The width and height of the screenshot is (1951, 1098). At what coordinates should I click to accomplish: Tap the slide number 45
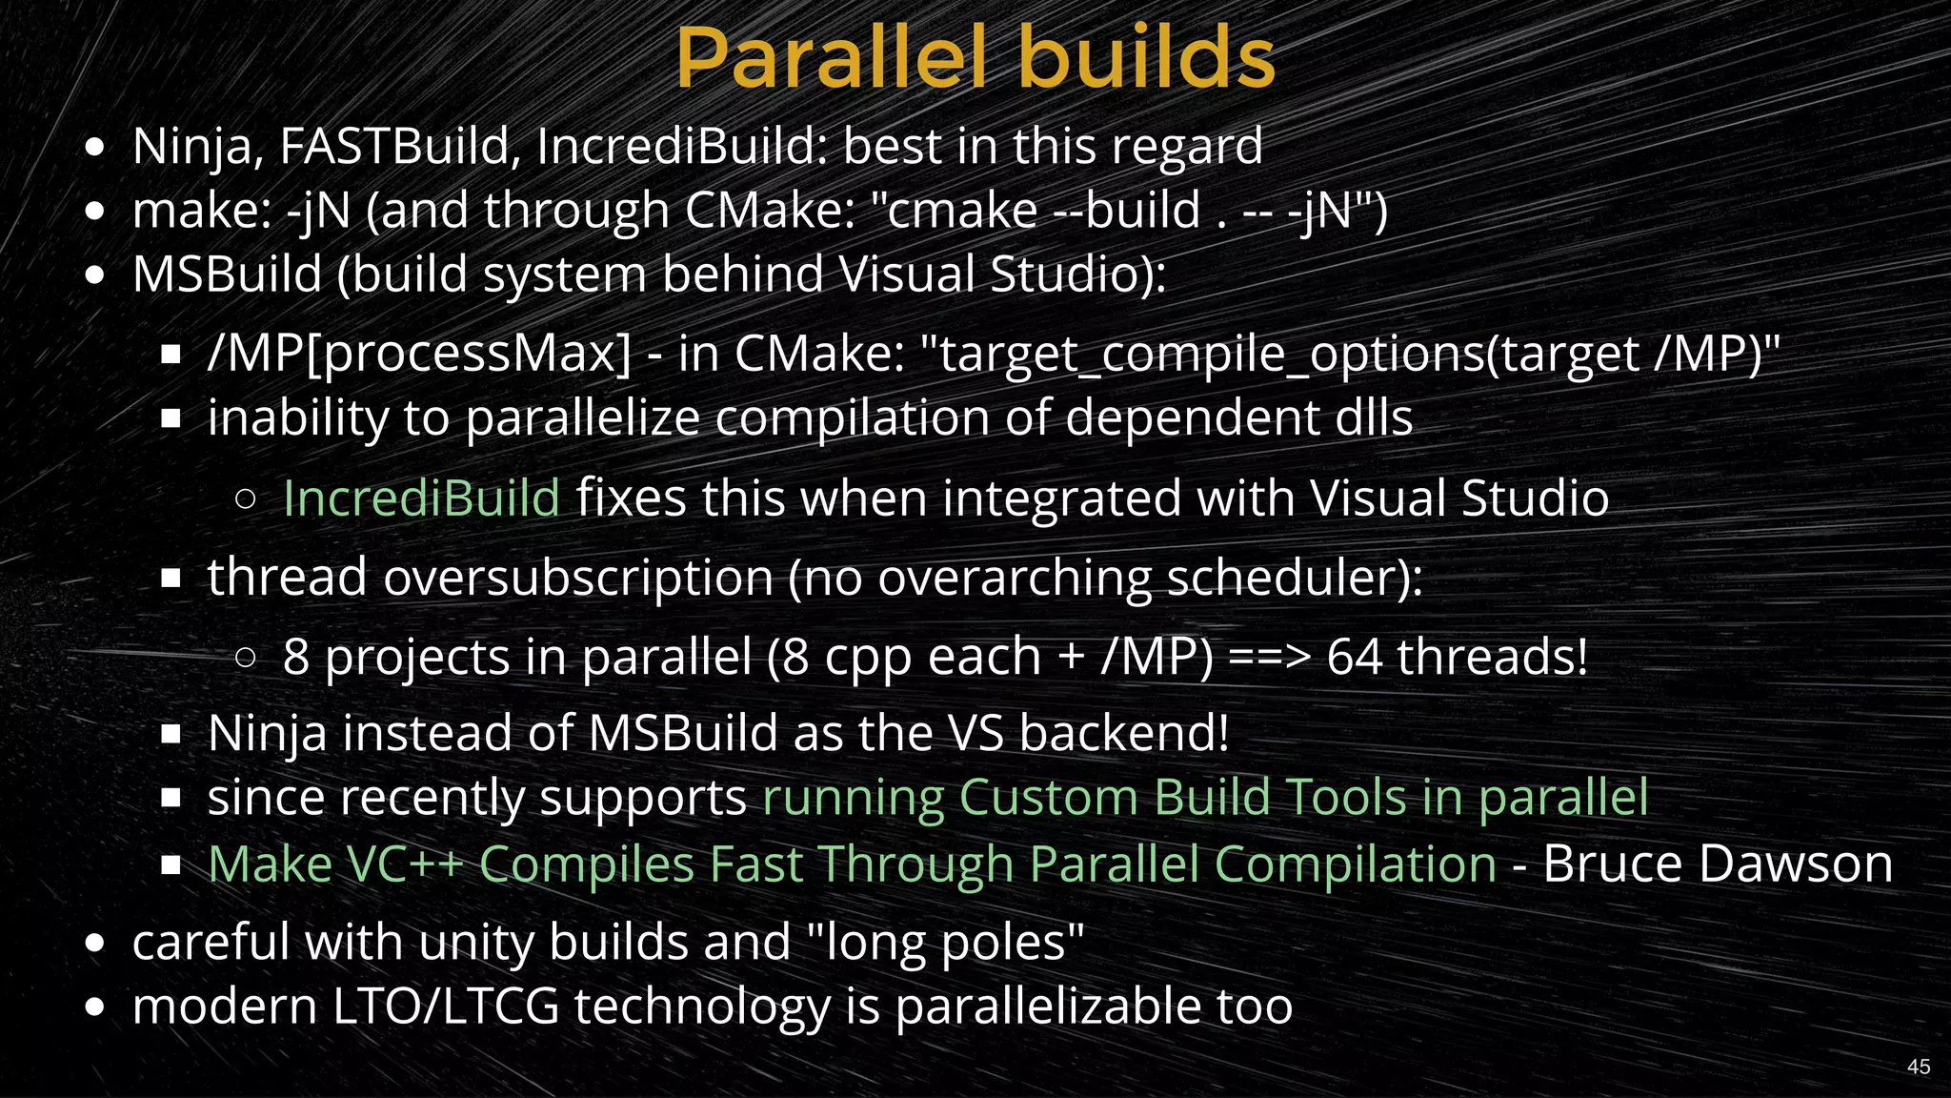(x=1919, y=1067)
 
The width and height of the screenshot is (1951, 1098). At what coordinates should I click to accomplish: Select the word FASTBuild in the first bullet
(x=400, y=147)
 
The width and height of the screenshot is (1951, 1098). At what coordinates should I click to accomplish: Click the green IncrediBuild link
(x=421, y=498)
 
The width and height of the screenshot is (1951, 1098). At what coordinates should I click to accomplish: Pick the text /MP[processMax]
(x=419, y=355)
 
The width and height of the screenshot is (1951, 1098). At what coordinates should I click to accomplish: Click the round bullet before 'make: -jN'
(x=94, y=212)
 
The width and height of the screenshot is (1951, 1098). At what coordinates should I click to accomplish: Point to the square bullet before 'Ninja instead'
(x=171, y=734)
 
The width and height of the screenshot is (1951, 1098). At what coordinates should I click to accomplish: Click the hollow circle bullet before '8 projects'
(x=245, y=657)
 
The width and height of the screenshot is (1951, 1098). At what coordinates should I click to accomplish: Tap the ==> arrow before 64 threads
(x=1270, y=657)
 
